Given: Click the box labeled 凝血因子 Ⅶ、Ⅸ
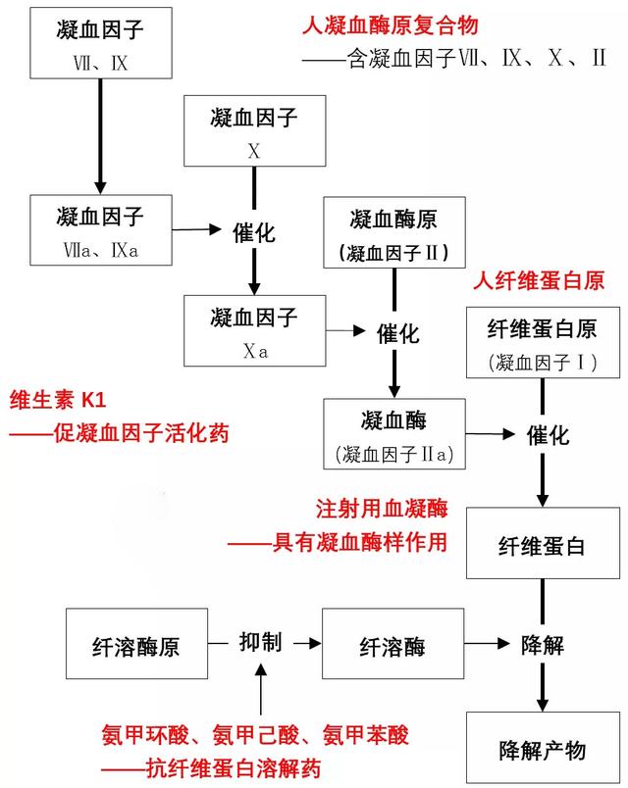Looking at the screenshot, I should tap(100, 45).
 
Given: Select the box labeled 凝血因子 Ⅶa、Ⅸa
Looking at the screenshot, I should tap(100, 230).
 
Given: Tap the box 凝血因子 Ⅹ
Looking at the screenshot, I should tap(254, 132).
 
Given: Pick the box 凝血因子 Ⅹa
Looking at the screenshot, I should tap(254, 331).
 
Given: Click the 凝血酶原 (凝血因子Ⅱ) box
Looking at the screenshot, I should tap(394, 232).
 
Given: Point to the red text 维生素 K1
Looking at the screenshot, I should tap(55, 400).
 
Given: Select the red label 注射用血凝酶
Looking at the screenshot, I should tap(381, 509).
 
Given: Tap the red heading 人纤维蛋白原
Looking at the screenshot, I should tap(538, 281).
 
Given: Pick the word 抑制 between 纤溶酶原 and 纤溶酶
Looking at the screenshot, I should tap(260, 643).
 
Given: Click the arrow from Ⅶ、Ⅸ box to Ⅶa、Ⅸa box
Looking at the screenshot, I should tap(100, 136).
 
